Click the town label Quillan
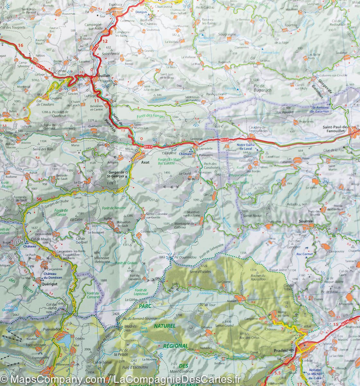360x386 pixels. (104, 76)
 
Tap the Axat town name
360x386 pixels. (146, 162)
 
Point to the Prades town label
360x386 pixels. (280, 350)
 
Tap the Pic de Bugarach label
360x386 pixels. (262, 88)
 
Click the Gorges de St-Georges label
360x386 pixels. (117, 174)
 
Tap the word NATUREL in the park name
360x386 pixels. (165, 326)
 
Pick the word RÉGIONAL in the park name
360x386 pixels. (175, 346)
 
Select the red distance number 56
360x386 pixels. (40, 199)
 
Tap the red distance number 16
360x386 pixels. (21, 45)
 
